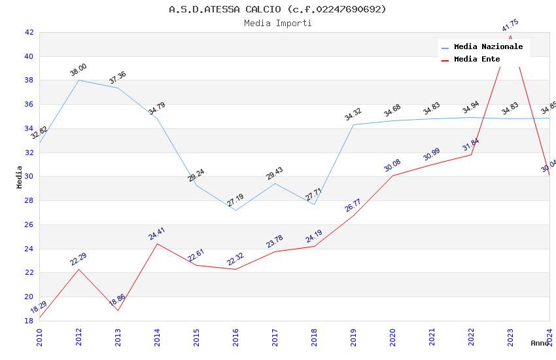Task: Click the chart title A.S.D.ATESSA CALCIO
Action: pos(277,9)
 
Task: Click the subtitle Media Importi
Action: pos(277,23)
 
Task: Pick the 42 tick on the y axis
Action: pos(29,32)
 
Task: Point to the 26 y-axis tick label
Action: pos(29,225)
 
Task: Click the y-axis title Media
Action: pos(20,177)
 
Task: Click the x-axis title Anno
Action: pos(540,343)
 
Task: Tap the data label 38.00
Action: pos(78,70)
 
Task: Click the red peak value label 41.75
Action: pos(510,26)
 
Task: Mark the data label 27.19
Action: pos(235,200)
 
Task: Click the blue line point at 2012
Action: pos(78,80)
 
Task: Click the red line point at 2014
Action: pos(157,243)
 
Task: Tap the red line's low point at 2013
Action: pos(118,310)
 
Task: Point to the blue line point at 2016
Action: pos(235,210)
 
